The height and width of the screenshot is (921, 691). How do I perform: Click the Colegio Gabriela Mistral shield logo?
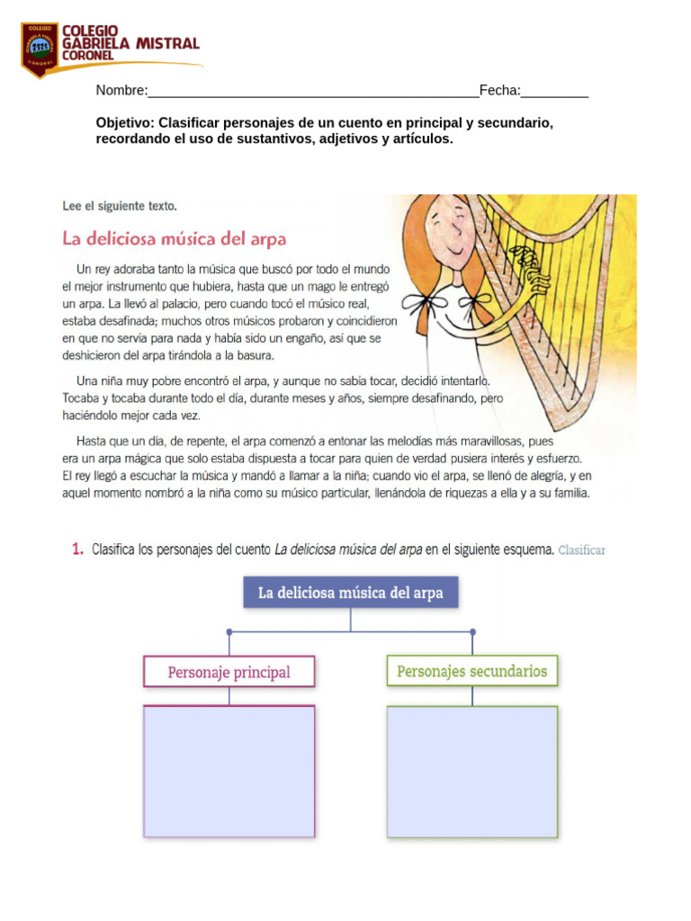(x=39, y=49)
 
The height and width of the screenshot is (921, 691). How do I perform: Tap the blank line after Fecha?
(x=554, y=91)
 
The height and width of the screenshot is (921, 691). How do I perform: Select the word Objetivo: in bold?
(x=126, y=122)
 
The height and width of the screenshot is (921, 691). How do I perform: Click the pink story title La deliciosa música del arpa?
(x=174, y=239)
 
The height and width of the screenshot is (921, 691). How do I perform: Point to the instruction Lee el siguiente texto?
(x=119, y=206)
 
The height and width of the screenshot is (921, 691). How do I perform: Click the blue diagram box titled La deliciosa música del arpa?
(x=350, y=594)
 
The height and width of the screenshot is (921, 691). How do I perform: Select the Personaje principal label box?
(x=229, y=672)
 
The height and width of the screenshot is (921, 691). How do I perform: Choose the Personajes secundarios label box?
(x=471, y=671)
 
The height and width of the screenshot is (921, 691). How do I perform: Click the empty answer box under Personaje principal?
(x=229, y=771)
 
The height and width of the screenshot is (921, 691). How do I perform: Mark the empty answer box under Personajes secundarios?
(x=471, y=771)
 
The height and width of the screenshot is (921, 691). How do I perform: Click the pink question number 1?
(x=77, y=550)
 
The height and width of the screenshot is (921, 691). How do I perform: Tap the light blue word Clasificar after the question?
(x=581, y=550)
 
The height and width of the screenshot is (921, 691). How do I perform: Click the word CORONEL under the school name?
(x=87, y=56)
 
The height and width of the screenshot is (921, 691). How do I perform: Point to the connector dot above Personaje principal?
(x=229, y=631)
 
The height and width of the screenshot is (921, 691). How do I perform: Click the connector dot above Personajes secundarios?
(x=472, y=631)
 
